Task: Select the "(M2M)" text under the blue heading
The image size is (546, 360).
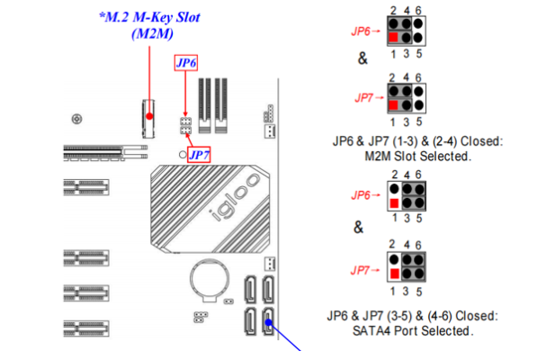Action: pos(151,33)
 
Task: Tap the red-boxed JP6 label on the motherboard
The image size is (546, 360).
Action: pos(186,63)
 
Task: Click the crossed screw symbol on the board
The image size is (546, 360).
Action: pos(80,118)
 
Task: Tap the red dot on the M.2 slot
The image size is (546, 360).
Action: pos(149,115)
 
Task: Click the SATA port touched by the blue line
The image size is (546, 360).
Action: pos(269,321)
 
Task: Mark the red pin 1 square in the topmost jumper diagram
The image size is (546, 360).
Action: pos(394,37)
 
